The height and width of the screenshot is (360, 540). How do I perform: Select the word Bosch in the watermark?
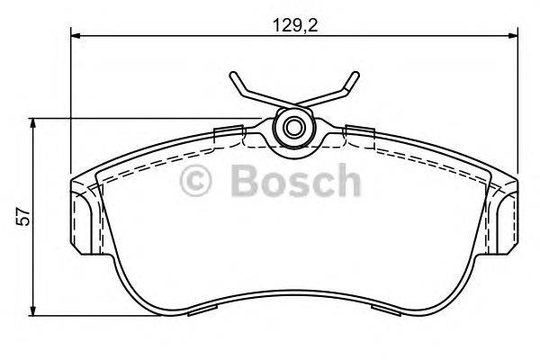[295, 182]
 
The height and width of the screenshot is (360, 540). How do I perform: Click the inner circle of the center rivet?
[292, 125]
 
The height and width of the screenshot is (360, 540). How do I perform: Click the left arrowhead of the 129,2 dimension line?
[76, 37]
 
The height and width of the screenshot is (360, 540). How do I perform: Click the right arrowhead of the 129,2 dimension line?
[512, 37]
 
